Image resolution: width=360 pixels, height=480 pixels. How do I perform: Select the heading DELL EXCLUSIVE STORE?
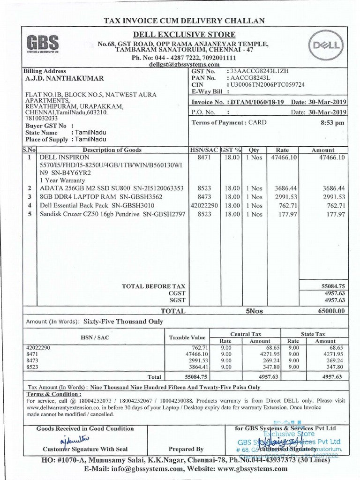click(x=183, y=35)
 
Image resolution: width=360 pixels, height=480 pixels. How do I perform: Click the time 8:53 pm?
click(x=333, y=123)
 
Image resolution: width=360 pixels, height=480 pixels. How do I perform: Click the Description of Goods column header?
click(x=112, y=150)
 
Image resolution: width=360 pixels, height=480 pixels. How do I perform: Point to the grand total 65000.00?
click(x=331, y=310)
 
